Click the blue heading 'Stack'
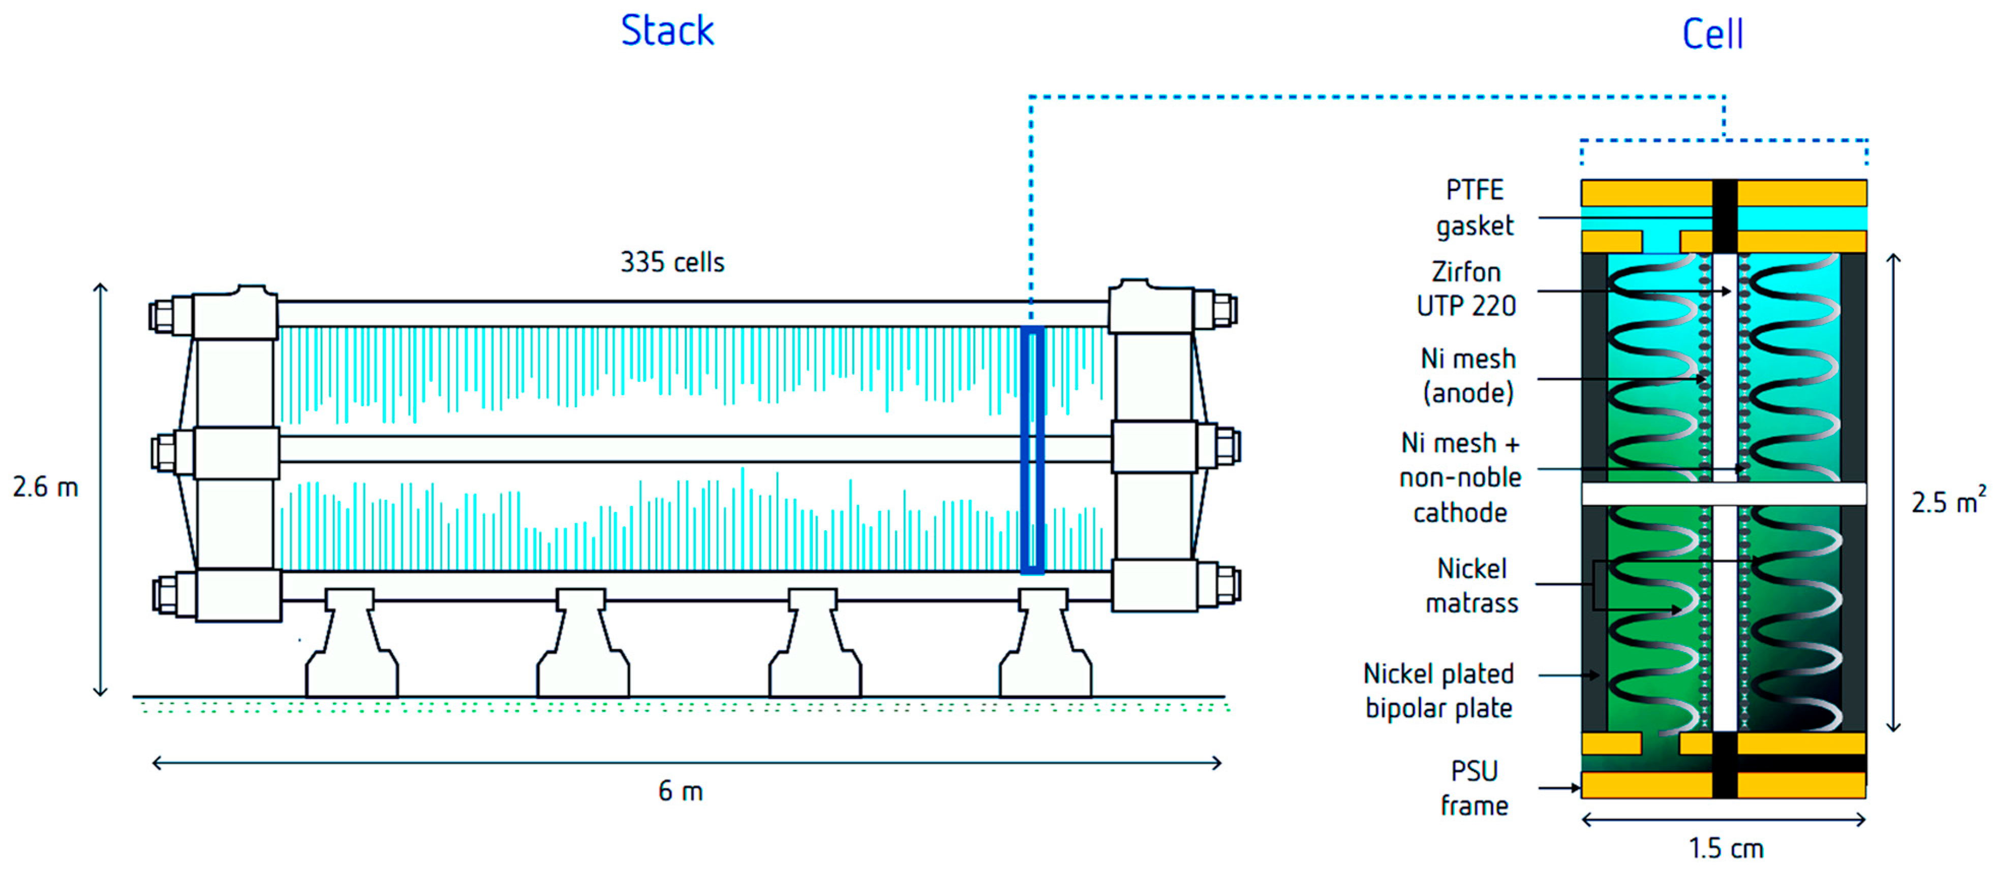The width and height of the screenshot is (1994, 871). pyautogui.click(x=667, y=31)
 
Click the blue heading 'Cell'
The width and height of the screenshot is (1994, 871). pyautogui.click(x=1712, y=34)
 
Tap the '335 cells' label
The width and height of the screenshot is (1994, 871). pyautogui.click(x=672, y=262)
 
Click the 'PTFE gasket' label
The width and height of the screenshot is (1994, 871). pyautogui.click(x=1474, y=207)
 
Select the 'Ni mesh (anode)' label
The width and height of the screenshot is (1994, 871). pyautogui.click(x=1467, y=376)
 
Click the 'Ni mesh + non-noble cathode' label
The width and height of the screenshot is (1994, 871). pyautogui.click(x=1460, y=477)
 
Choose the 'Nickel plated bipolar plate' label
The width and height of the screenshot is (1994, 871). pyautogui.click(x=1438, y=691)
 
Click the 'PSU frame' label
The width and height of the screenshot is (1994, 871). pyautogui.click(x=1474, y=788)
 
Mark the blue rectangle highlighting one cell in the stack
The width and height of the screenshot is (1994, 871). pyautogui.click(x=1033, y=450)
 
